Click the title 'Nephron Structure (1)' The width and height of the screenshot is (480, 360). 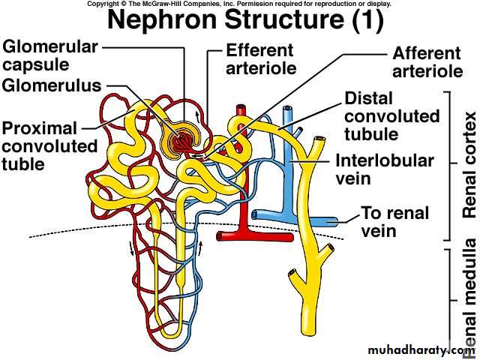click(245, 19)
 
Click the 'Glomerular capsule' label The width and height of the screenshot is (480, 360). click(50, 56)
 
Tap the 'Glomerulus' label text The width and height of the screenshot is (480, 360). click(51, 85)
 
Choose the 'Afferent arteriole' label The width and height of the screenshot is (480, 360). click(427, 62)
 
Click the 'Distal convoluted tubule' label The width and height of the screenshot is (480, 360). click(391, 116)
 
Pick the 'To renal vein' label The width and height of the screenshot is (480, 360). click(394, 221)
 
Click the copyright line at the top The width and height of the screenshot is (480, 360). click(239, 4)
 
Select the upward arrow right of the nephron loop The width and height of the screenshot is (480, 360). click(202, 226)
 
